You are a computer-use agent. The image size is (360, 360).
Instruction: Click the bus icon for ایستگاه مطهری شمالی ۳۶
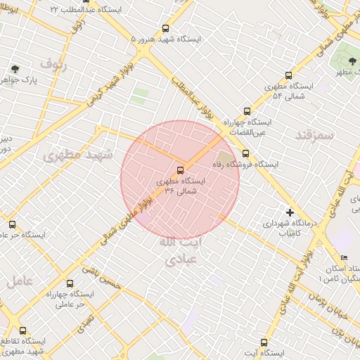tap(181, 169)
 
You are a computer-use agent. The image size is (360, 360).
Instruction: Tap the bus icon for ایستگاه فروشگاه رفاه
tap(245, 153)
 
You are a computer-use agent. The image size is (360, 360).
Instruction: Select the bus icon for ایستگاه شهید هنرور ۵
tap(166, 29)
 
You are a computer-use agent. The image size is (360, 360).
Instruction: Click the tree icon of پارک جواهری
tap(15, 69)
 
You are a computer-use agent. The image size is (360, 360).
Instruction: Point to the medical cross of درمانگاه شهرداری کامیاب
tap(290, 212)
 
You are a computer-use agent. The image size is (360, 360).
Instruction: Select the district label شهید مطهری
tap(73, 155)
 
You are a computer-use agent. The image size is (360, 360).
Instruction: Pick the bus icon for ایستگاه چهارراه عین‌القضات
tap(246, 111)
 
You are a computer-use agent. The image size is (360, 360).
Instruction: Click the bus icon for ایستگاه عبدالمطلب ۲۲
tap(85, 1)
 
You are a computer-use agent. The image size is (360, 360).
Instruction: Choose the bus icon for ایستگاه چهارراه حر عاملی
tap(69, 283)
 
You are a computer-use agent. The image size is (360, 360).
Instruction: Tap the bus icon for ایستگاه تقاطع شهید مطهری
tap(23, 330)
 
